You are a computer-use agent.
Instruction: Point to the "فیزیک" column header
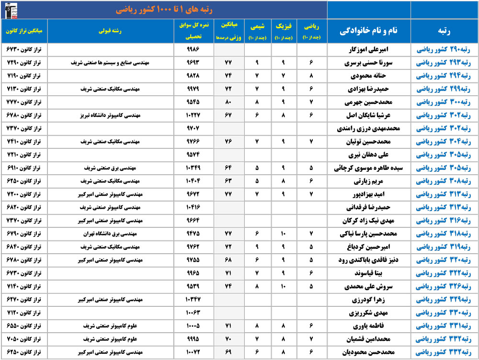284,31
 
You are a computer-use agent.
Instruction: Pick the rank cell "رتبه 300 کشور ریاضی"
445,102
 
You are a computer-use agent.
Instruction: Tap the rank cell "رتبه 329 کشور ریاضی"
445,300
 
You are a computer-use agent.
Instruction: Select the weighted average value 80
228,102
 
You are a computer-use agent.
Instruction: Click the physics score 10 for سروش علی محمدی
284,287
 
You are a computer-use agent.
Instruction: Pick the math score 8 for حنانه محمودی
311,76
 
